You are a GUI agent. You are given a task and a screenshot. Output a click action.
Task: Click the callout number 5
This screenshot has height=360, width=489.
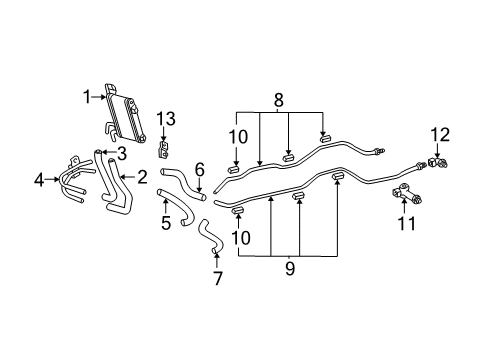pyautogui.click(x=200, y=170)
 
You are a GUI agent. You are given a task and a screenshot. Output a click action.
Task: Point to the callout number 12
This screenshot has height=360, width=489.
pyautogui.click(x=165, y=119)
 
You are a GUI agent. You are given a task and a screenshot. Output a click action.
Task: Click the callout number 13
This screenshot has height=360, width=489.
pyautogui.click(x=165, y=151)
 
